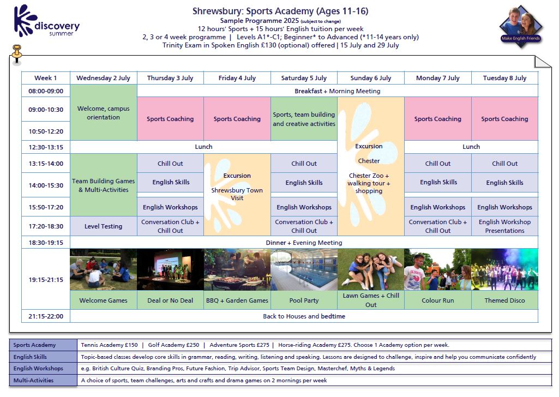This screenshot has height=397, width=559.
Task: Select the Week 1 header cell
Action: point(46,78)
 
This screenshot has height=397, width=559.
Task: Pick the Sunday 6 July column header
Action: point(370,78)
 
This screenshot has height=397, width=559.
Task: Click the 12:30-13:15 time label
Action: point(46,147)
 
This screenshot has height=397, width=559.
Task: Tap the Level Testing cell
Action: point(104,226)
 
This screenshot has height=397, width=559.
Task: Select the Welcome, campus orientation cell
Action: point(104,113)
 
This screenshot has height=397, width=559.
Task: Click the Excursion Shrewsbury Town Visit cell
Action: point(237,187)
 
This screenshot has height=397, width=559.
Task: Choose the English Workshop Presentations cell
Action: point(504,226)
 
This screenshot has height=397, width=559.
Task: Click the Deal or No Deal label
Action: point(170,300)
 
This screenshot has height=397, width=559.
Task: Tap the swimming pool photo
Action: point(304,270)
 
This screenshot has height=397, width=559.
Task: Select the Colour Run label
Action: point(437,300)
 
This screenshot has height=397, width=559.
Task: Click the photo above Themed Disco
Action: point(504,270)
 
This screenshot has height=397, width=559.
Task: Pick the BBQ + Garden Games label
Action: point(237,300)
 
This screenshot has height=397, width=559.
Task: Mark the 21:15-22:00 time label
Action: point(46,316)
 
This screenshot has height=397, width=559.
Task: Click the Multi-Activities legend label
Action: point(34,380)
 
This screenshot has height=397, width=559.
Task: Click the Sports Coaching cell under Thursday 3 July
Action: point(170,119)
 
